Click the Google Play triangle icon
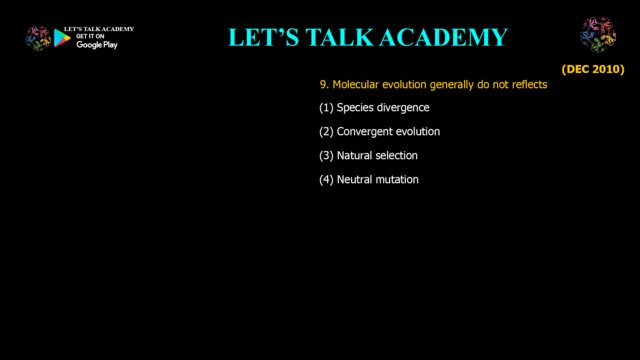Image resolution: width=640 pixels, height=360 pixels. tap(62, 38)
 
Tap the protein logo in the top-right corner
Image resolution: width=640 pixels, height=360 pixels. tap(598, 35)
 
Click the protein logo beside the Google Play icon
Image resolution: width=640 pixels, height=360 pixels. tap(38, 39)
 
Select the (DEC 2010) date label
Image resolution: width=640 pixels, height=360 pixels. tap(593, 69)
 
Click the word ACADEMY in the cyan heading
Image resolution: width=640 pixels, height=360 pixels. tap(444, 37)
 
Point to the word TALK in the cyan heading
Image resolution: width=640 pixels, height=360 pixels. tap(340, 37)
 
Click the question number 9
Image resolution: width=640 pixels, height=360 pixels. tap(324, 85)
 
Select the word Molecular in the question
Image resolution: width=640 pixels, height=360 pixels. tap(356, 85)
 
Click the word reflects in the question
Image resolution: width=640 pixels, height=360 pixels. tap(530, 85)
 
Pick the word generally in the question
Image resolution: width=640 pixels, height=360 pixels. tap(452, 85)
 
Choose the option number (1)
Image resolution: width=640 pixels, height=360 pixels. tap(326, 108)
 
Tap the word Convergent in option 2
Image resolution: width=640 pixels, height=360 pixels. tap(365, 132)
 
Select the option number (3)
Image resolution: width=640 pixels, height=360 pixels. tap(326, 156)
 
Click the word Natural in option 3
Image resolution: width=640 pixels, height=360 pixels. tap(354, 156)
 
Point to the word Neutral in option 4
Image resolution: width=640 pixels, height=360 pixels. tap(354, 180)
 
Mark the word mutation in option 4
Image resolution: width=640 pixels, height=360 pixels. tap(397, 180)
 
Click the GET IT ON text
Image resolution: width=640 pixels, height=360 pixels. tap(90, 36)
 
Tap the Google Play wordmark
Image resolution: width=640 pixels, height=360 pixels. tap(97, 45)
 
